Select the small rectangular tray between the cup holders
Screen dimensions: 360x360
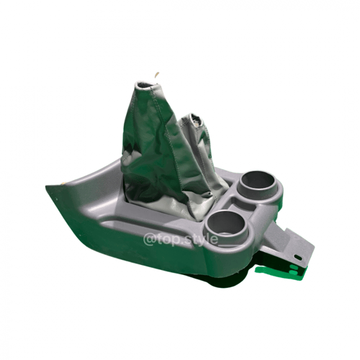[240, 204]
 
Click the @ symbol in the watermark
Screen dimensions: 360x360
[149, 240]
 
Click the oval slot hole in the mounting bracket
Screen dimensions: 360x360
[298, 257]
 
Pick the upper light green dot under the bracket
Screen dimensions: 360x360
[294, 267]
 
